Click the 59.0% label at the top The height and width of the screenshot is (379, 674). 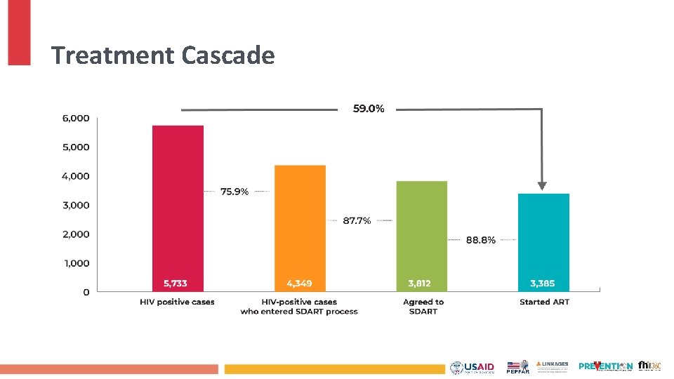click(x=369, y=109)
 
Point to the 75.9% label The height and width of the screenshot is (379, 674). click(x=234, y=192)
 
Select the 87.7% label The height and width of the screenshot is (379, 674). click(x=357, y=220)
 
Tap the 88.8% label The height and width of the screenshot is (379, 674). click(x=481, y=240)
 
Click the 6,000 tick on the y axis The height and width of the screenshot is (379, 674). click(x=76, y=118)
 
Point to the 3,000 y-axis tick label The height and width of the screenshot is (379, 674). click(x=76, y=205)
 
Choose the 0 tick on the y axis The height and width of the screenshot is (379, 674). click(x=86, y=292)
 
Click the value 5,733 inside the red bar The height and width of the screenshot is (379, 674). click(x=176, y=284)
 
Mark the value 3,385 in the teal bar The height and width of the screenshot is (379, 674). click(x=542, y=284)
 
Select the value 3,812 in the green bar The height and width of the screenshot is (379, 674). click(x=420, y=284)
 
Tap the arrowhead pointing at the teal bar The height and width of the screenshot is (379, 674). click(x=541, y=186)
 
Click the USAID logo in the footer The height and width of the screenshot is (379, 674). click(x=473, y=367)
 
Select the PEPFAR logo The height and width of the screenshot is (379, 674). click(x=517, y=367)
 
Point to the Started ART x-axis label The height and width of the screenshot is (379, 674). click(x=544, y=302)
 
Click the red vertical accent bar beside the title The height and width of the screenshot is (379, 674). click(x=19, y=32)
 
